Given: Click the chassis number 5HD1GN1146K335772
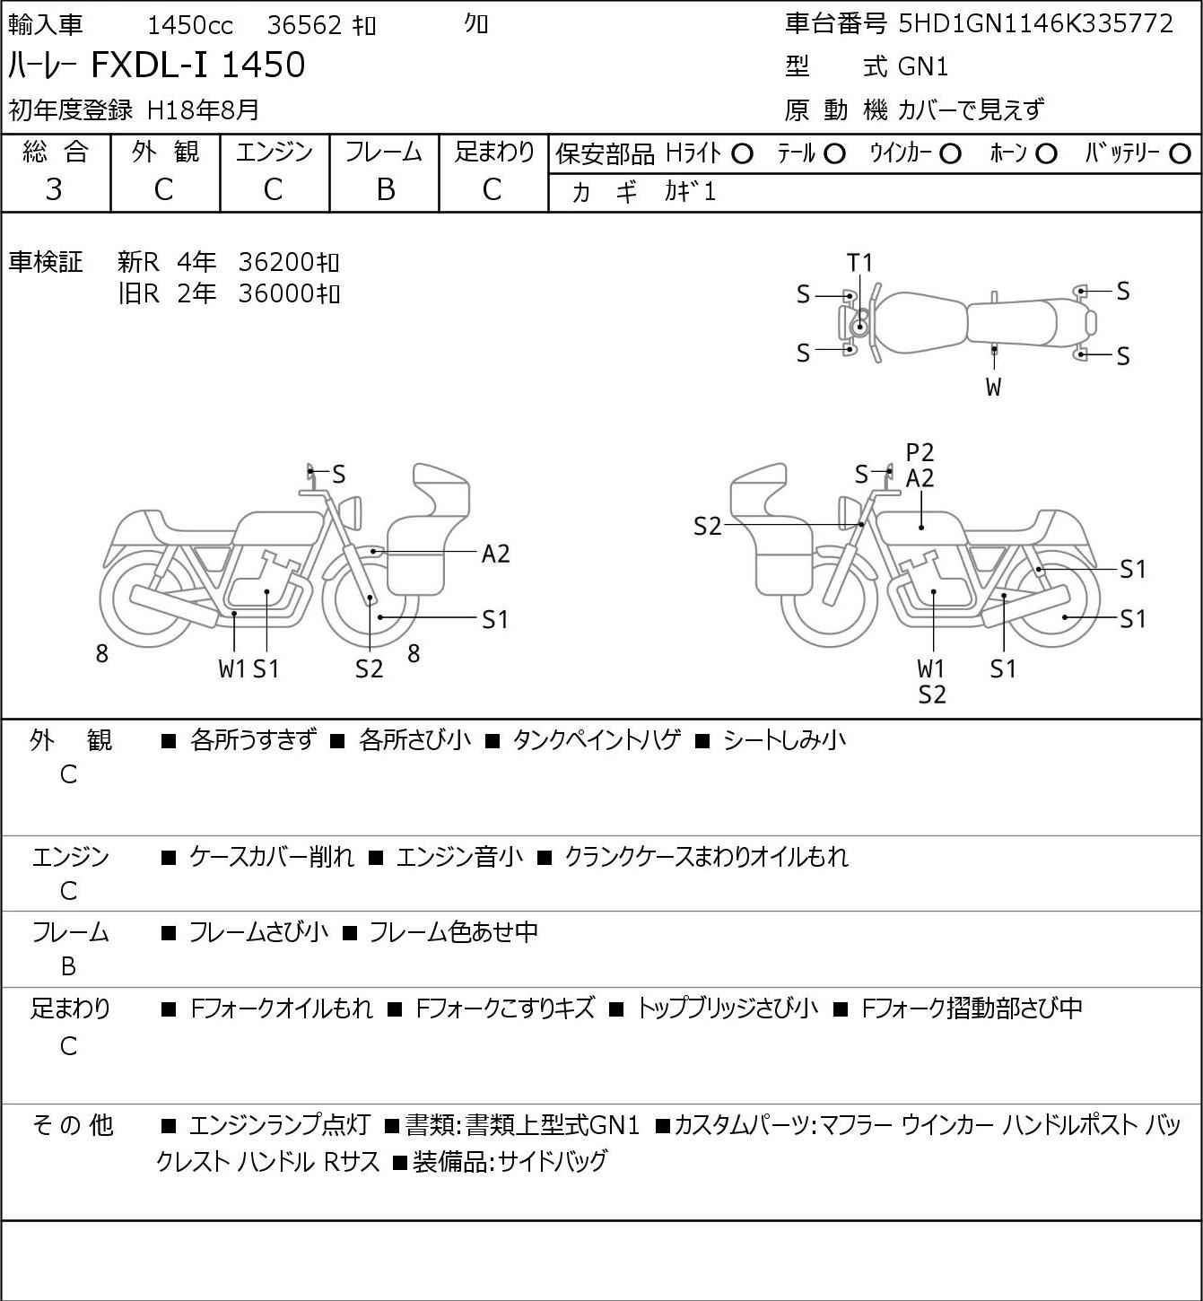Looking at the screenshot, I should tap(1035, 23).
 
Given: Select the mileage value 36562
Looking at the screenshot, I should tap(305, 25).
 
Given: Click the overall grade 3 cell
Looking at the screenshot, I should tap(55, 189).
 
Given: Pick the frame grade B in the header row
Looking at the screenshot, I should tap(385, 189).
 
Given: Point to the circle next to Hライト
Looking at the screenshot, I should tap(742, 154).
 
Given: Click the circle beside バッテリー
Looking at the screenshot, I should tap(1181, 154).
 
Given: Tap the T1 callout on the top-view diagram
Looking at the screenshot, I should tap(859, 263).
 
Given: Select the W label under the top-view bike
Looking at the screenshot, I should tap(993, 388).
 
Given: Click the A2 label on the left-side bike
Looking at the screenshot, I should tap(495, 554).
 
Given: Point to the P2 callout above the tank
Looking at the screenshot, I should tap(920, 453).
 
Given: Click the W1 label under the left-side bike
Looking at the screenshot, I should tap(232, 669).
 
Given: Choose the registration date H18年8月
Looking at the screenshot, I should tap(203, 109).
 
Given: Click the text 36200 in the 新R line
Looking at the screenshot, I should tap(278, 263).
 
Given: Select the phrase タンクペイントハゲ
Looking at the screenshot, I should tap(597, 741).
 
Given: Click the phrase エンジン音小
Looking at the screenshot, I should tap(459, 858).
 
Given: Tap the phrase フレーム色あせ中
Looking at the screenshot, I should tap(453, 933).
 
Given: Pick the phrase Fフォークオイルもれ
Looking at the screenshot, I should tap(282, 1009).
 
